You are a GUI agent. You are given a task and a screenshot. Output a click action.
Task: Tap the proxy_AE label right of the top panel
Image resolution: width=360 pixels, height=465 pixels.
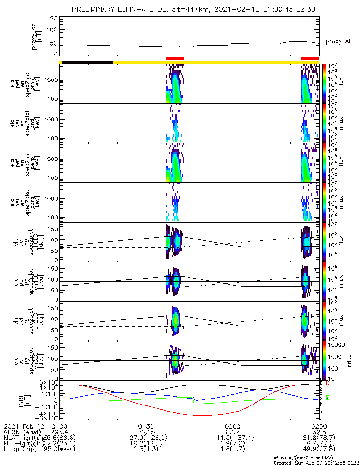coord(339,41)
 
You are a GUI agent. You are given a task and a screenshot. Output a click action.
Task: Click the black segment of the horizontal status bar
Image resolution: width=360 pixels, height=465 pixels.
coord(87,62)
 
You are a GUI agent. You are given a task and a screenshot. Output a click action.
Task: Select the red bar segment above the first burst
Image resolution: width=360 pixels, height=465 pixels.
coord(175,59)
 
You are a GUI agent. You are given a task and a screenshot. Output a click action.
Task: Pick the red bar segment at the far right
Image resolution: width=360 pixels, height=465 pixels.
coord(309,59)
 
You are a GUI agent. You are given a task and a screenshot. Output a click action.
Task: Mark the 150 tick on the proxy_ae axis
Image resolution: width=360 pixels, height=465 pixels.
coord(52,18)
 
